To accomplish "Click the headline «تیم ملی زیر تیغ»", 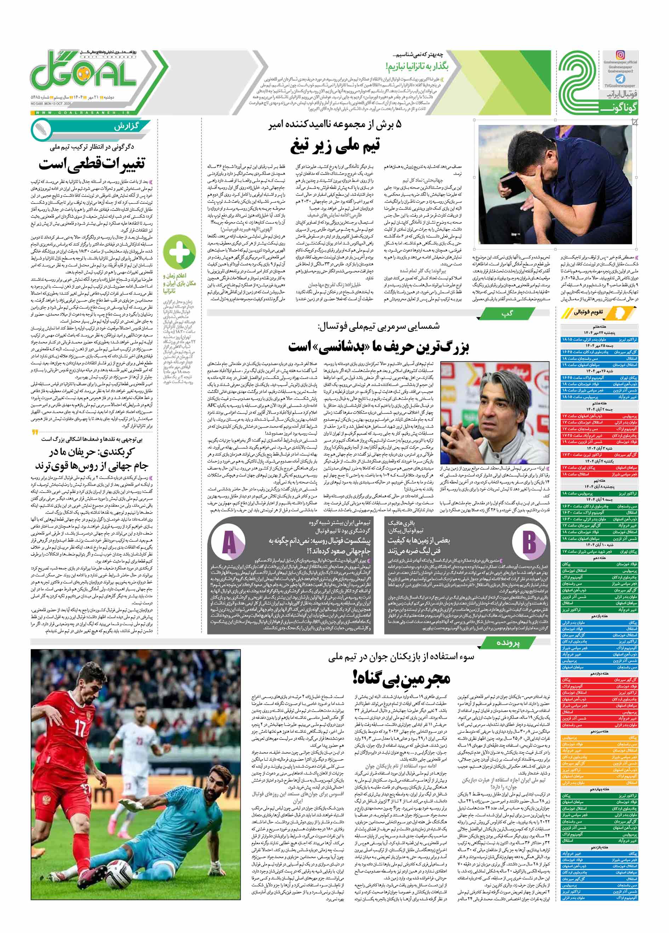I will coord(335,145).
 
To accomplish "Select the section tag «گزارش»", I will coord(127,126).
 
